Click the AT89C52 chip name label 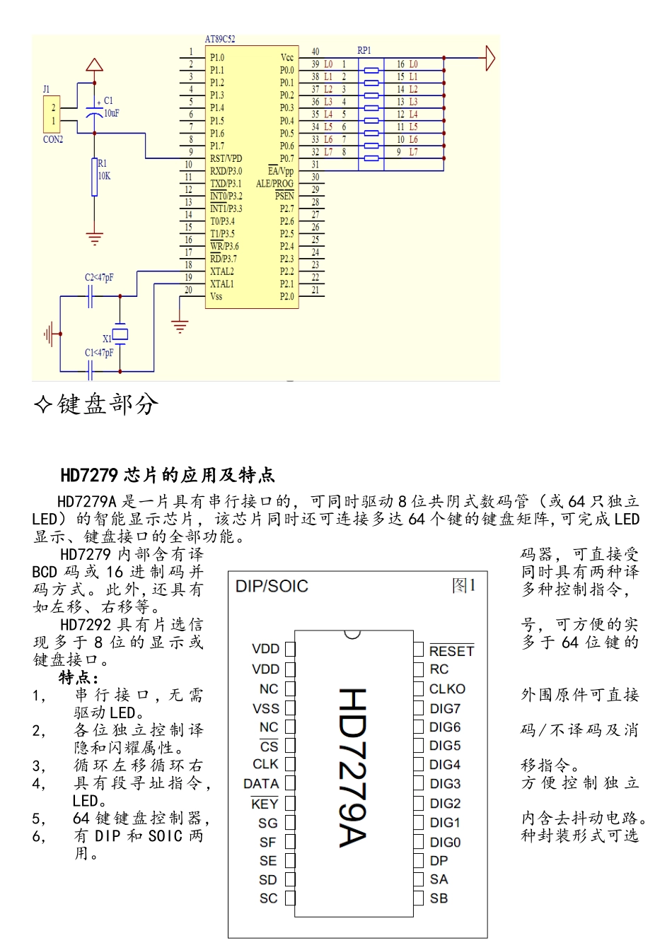[220, 40]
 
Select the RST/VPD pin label [226, 158]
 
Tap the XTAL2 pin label [222, 271]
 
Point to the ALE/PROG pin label [274, 184]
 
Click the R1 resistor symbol [94, 177]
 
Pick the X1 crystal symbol [121, 334]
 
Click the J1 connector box [52, 114]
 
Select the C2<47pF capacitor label [99, 278]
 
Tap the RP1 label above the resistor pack [364, 50]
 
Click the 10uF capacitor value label [112, 113]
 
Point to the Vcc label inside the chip [286, 57]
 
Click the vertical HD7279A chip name [352, 767]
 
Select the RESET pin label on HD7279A [451, 651]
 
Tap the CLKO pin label [448, 689]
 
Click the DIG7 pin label [445, 708]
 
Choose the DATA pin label [261, 784]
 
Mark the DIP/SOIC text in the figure [272, 587]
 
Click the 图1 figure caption [464, 586]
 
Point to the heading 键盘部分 [108, 404]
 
